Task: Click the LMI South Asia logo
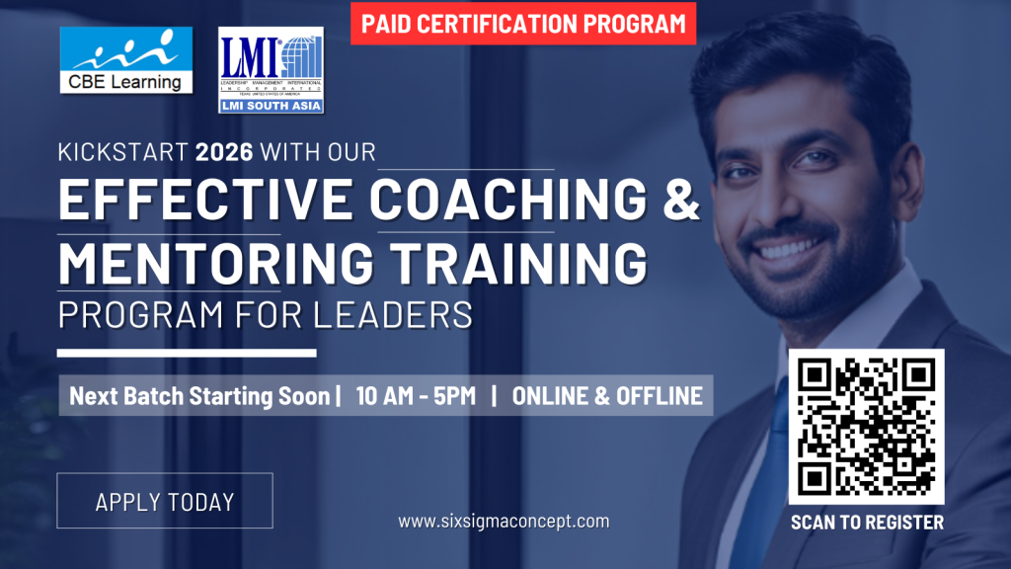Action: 271,69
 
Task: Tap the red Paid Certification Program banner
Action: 523,24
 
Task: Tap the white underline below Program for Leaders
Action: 187,353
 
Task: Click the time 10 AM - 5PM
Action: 416,397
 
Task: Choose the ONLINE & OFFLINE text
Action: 608,397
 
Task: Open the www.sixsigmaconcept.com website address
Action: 504,521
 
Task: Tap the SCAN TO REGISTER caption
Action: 867,523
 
